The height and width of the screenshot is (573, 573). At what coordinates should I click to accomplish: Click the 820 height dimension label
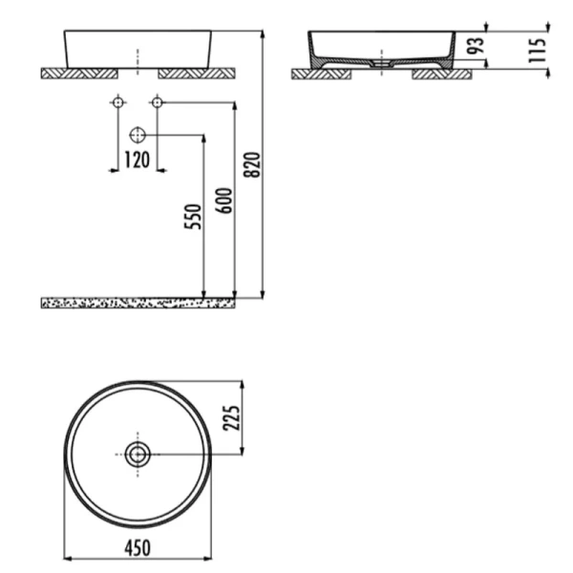point(252,165)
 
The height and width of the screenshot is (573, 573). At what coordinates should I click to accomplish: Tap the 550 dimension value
point(192,219)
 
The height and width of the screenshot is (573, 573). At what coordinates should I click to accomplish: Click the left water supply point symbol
point(118,101)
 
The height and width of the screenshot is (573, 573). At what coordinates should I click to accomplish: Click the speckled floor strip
point(137,303)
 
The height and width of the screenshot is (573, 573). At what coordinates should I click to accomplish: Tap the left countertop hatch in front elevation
point(78,72)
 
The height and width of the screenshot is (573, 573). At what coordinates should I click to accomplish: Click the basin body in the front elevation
point(138,48)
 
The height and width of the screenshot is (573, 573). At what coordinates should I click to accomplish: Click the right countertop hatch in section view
point(434,73)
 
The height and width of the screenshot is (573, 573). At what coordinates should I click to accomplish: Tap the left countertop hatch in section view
point(315,73)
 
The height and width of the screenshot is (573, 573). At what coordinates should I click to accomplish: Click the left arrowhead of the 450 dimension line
point(68,558)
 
